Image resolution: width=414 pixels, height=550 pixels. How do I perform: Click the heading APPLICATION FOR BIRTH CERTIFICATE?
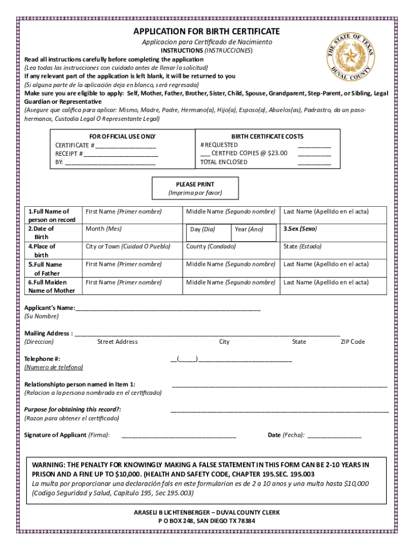click(206, 32)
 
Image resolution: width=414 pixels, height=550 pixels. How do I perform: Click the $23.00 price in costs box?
click(276, 153)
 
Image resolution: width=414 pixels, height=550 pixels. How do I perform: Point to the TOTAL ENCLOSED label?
click(224, 162)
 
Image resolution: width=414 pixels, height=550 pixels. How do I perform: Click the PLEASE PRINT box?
click(195, 189)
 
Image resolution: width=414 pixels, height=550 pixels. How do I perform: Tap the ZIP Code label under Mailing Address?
click(353, 342)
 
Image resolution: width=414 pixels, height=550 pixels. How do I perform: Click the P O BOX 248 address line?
click(206, 521)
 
